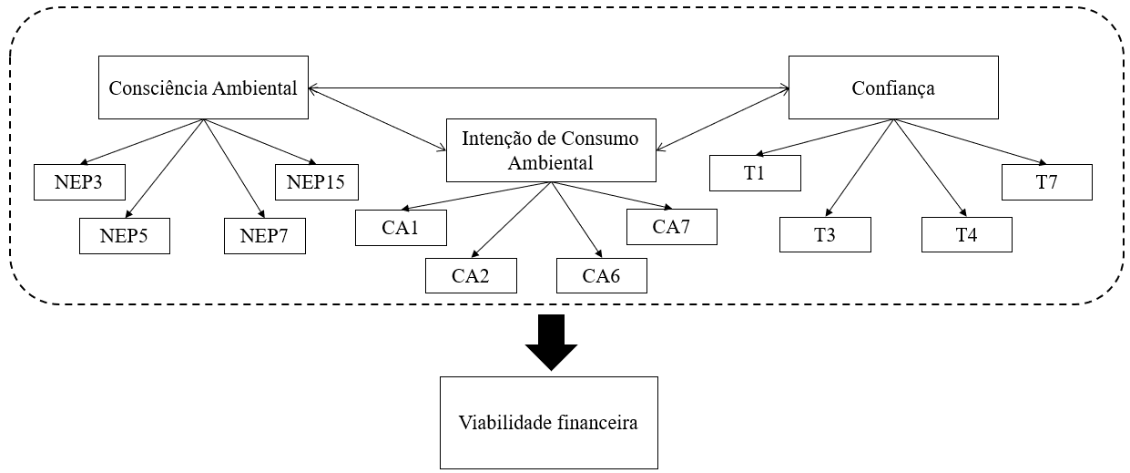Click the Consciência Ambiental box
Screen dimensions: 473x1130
[202, 88]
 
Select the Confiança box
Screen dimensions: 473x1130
[893, 88]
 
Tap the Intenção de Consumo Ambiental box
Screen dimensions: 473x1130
[550, 149]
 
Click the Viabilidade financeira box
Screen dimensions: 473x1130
[548, 423]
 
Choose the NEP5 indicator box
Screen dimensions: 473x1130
[124, 236]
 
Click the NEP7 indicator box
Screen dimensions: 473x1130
[264, 236]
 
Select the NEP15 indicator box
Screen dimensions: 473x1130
[315, 181]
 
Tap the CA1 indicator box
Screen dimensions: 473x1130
[401, 228]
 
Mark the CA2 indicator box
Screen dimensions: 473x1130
[471, 275]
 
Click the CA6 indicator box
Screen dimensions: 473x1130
[602, 275]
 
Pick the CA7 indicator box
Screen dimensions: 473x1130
[672, 227]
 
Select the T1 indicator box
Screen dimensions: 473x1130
[755, 173]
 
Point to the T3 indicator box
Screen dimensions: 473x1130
[825, 234]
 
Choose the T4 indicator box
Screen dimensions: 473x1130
[967, 234]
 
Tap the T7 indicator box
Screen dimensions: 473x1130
[1046, 181]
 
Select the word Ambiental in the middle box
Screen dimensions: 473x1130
[550, 163]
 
